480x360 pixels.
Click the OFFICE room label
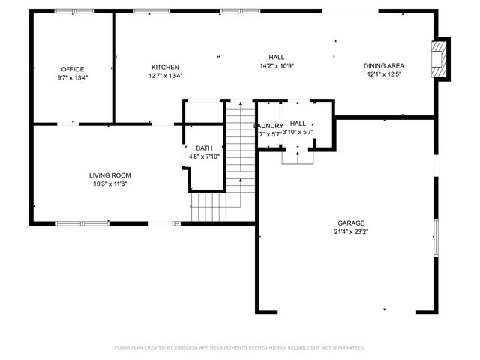73,68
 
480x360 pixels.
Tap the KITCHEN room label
165,67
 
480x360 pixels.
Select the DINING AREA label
385,65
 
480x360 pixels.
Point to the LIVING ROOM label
111,175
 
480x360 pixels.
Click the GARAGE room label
351,223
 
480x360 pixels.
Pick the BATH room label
204,148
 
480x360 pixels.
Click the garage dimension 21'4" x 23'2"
351,232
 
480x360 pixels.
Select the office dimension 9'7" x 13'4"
73,77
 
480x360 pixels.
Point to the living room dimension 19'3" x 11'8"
111,184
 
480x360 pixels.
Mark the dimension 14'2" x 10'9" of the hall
277,65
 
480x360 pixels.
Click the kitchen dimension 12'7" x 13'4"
165,75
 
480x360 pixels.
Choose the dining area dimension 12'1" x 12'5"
385,74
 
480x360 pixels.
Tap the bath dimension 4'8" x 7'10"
204,157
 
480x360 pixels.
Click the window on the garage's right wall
436,239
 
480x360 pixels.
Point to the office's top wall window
75,11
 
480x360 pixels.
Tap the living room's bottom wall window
82,223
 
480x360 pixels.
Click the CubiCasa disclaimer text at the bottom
240,347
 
